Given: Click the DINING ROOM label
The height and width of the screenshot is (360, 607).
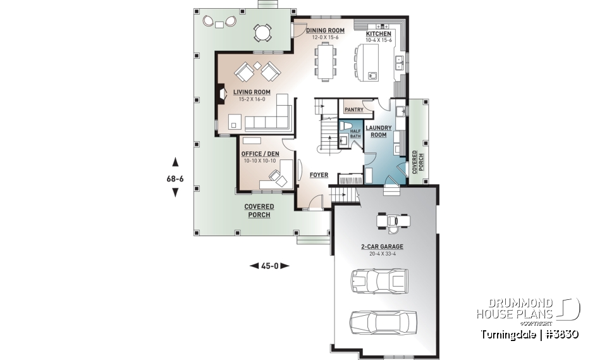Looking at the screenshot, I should click(x=325, y=30).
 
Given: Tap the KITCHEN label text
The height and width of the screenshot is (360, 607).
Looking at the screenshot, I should click(x=379, y=34).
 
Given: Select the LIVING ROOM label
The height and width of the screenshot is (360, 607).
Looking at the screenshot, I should click(x=251, y=92).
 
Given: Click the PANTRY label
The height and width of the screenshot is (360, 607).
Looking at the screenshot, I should click(x=353, y=109).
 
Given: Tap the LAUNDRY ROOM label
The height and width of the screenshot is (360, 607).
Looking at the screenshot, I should click(x=378, y=131).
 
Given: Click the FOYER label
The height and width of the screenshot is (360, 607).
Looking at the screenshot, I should click(x=318, y=174).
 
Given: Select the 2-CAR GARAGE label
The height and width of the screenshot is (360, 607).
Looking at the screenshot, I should click(x=381, y=247).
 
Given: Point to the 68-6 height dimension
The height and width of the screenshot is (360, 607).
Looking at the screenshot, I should click(x=175, y=178).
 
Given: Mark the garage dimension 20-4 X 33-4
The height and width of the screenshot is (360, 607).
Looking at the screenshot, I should click(x=381, y=254).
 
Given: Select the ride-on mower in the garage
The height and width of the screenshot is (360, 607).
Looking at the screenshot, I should click(x=393, y=220).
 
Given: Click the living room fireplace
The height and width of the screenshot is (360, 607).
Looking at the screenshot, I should click(x=221, y=94).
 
